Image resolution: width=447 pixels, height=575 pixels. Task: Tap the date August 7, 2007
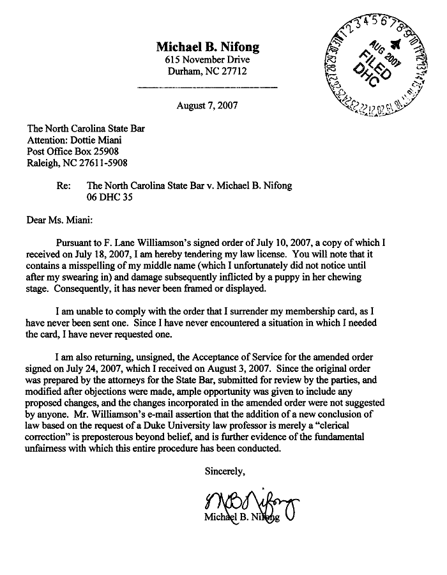coord(207,105)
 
